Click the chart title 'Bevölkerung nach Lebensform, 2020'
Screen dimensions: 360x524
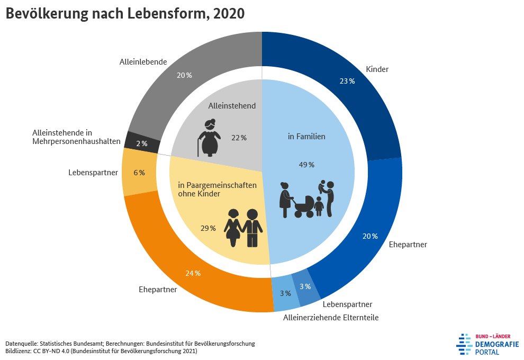[x=125, y=14]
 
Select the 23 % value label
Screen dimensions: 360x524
[x=347, y=81]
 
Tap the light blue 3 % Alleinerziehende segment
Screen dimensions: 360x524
[x=286, y=294]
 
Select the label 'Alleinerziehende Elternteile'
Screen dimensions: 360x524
[x=331, y=318]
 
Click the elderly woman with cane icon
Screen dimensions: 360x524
[x=209, y=138]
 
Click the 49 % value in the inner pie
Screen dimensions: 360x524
[x=306, y=165]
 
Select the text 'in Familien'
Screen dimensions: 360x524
[x=306, y=137]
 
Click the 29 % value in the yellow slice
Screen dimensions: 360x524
[x=208, y=228]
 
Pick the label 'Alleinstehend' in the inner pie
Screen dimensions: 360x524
[x=232, y=106]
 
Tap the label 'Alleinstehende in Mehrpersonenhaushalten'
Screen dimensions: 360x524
[x=77, y=137]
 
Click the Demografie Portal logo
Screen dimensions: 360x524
[x=487, y=344]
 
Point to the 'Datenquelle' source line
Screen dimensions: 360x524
[x=130, y=343]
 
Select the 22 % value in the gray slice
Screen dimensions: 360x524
[x=239, y=138]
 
